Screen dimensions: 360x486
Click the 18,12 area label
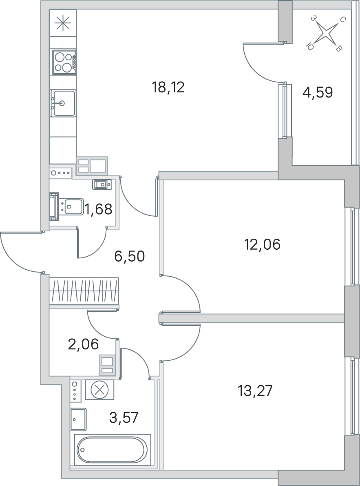(168, 87)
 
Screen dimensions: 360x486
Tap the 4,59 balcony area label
(318, 92)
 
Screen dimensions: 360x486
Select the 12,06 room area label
(263, 245)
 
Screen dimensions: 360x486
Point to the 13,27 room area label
(255, 391)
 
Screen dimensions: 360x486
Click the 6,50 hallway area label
(129, 257)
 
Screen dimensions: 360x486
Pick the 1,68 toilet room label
(99, 209)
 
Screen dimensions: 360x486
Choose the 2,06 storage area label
(83, 344)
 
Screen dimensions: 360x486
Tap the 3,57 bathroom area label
(124, 418)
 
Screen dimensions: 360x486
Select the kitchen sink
(63, 103)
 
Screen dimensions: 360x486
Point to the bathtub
(113, 449)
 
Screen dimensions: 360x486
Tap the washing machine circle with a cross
(99, 389)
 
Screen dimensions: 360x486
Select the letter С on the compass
(342, 20)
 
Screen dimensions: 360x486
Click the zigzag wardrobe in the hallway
(84, 292)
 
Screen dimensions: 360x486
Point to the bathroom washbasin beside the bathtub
(78, 419)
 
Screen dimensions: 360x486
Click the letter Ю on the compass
(309, 47)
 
